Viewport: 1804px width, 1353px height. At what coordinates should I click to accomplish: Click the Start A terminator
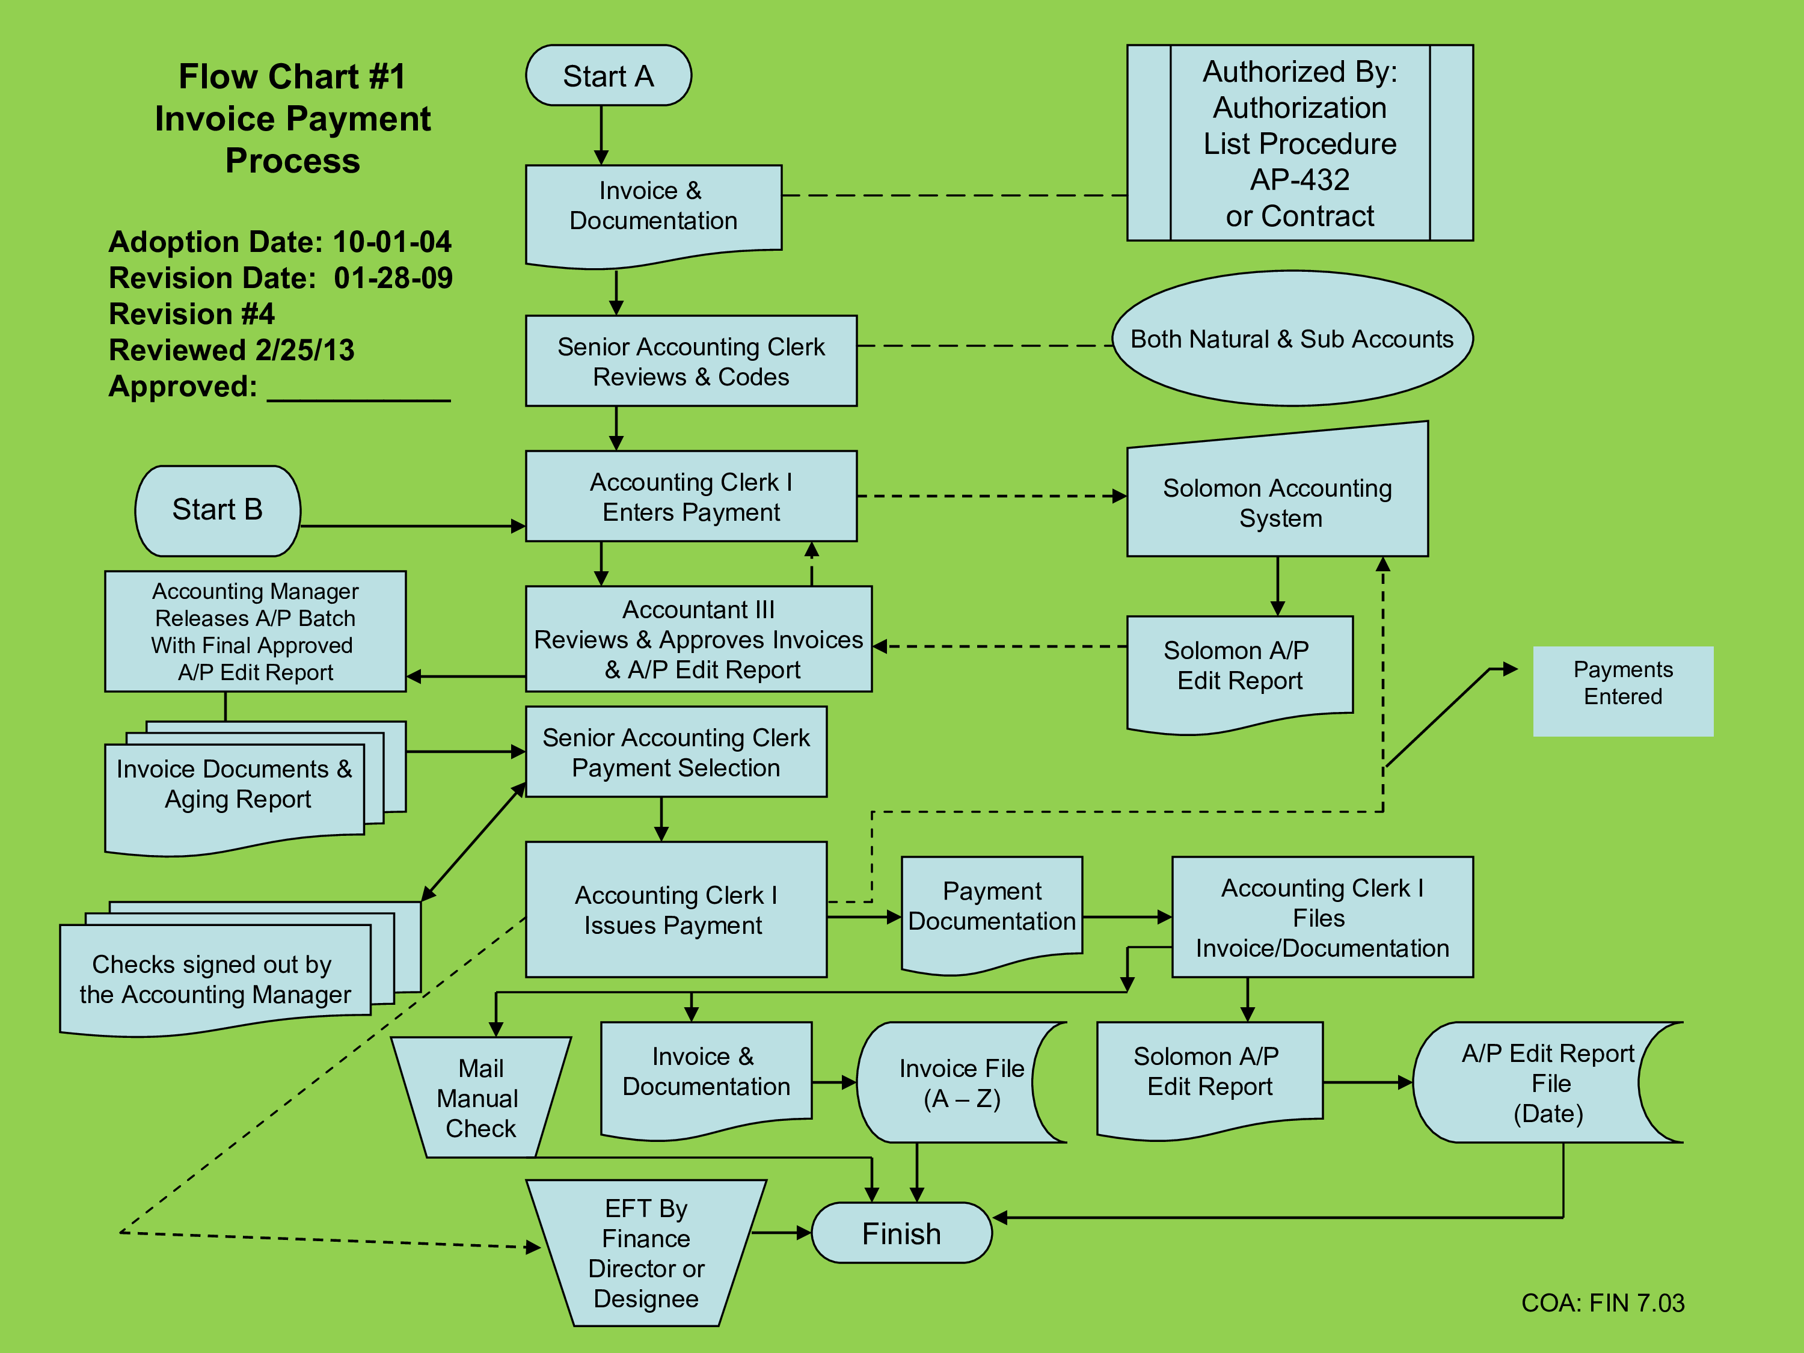(609, 75)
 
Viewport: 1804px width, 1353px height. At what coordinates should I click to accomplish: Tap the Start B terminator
(218, 511)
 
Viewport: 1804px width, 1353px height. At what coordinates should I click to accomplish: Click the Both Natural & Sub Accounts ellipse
(1293, 339)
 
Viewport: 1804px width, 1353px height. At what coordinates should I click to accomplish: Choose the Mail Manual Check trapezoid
(481, 1097)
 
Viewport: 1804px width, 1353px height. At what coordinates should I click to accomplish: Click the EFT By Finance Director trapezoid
(646, 1253)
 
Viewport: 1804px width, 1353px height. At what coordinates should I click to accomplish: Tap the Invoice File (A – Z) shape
(962, 1082)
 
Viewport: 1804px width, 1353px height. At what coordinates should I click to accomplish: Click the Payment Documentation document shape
(992, 913)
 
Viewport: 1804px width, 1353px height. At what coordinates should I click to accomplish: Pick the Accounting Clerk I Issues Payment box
(676, 909)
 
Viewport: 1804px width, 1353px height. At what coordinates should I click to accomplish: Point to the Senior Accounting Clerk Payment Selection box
(676, 751)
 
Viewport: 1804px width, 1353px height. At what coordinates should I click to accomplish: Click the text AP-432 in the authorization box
(1300, 179)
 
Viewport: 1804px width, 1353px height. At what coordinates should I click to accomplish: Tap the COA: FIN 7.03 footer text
(1603, 1302)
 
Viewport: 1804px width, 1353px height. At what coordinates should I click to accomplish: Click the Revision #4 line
(192, 314)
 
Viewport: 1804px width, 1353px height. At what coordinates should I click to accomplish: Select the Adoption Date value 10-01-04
(391, 242)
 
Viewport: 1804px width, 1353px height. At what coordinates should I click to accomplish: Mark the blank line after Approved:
(359, 400)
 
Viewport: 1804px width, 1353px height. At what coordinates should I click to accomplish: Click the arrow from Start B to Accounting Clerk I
(413, 526)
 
